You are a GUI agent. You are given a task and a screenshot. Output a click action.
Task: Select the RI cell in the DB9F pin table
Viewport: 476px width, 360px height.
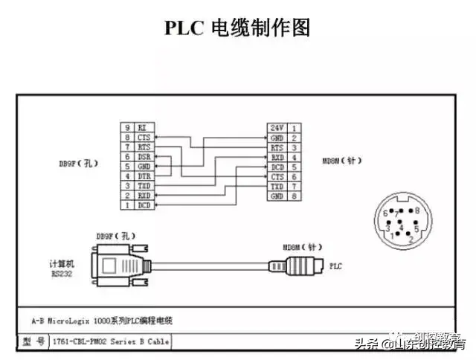tap(142, 128)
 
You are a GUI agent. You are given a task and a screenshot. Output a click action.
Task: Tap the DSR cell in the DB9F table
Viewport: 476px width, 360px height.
tap(144, 157)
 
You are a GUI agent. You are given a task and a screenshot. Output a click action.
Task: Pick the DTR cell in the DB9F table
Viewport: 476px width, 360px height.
tap(144, 176)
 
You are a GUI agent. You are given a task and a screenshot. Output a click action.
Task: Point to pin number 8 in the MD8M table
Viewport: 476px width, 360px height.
tap(295, 196)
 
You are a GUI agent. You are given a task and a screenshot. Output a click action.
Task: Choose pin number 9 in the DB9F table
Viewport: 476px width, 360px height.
tap(127, 128)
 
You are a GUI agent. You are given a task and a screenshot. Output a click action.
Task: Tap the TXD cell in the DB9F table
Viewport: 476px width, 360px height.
tap(144, 186)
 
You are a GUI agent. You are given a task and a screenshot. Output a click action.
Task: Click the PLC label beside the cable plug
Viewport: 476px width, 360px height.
tap(335, 264)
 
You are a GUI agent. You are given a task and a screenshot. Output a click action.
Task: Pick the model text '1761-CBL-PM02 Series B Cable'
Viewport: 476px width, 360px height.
tap(110, 341)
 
